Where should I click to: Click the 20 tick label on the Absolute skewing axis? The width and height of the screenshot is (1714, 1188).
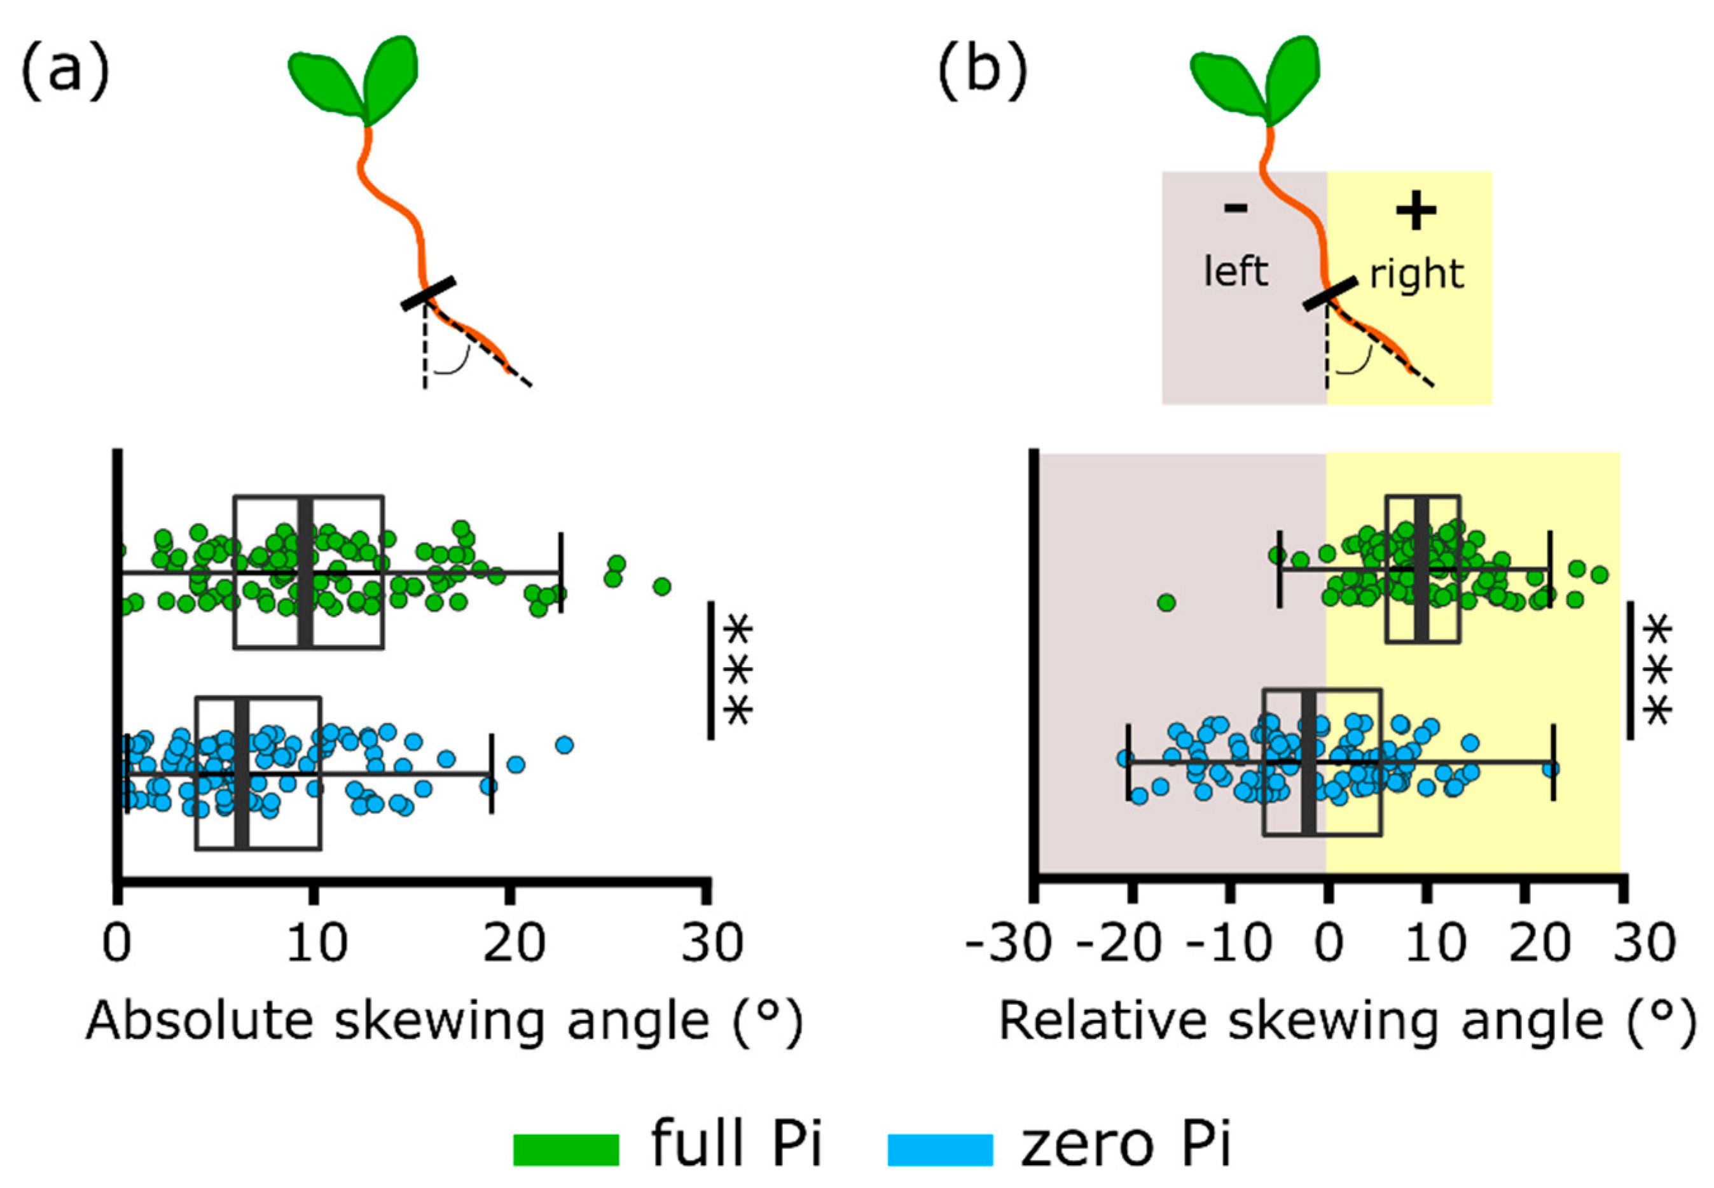tap(513, 944)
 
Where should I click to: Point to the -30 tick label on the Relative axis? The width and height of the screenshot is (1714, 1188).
tap(1009, 944)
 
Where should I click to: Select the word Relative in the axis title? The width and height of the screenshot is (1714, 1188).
tap(1102, 1021)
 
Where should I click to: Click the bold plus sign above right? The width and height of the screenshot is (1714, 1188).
tap(1416, 211)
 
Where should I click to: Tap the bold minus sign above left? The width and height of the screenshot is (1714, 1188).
tap(1236, 209)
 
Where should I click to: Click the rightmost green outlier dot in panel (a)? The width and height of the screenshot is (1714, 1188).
tap(661, 586)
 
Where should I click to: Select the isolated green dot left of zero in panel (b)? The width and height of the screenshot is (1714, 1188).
tap(1166, 602)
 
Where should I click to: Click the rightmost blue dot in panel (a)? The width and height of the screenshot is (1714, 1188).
tap(564, 744)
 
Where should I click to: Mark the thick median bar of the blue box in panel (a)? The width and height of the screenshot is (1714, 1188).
tap(241, 773)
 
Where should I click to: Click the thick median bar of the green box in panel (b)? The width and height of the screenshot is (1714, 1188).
tap(1421, 568)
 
